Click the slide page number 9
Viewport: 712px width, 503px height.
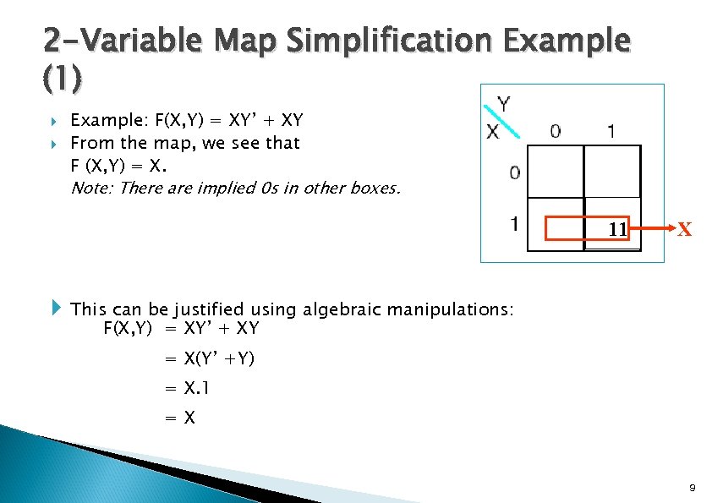[693, 488]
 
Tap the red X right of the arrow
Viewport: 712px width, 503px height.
[685, 229]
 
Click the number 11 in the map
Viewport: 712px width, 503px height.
[617, 229]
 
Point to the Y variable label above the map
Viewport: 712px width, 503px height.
[503, 105]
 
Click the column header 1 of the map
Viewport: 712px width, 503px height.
[611, 131]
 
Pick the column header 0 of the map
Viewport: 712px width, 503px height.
[555, 131]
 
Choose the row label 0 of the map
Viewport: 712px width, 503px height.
[514, 172]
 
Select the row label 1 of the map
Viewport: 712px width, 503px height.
[514, 225]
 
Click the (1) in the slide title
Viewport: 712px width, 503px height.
[63, 79]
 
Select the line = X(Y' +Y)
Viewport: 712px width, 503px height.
[210, 359]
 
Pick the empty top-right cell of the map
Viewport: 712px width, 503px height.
[612, 172]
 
